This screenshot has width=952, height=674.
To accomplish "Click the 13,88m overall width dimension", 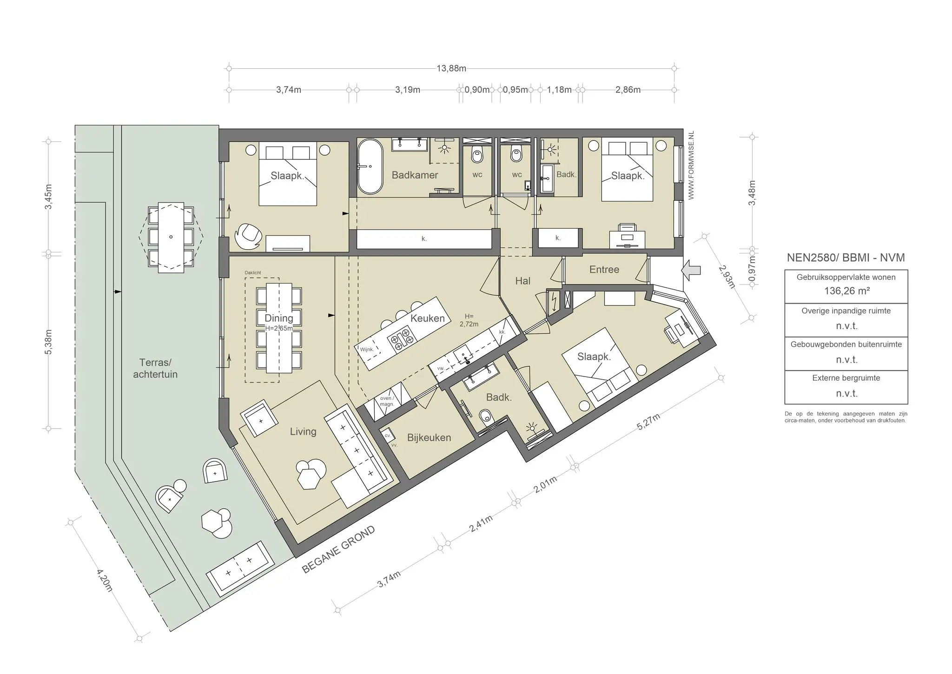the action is coord(451,68).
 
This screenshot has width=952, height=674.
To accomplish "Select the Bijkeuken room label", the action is coord(429,437).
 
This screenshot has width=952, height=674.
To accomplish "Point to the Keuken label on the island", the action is coord(428,318).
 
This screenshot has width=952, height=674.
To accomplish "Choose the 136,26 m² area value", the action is coord(846,291).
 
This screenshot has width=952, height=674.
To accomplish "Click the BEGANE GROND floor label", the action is coord(338,549).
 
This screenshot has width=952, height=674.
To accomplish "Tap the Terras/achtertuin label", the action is coord(155,368).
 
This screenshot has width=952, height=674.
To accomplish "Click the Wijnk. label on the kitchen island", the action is coord(367,349).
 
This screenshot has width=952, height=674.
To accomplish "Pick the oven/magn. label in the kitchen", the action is coord(387,401).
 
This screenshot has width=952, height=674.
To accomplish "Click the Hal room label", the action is coord(523,281).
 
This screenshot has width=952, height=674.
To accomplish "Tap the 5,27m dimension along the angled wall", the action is coord(648,422).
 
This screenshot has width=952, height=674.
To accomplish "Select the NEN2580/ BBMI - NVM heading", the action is coord(846,258).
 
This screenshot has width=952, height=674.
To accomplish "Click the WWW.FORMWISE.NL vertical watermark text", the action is coord(691,165).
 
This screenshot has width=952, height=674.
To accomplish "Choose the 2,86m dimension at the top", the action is coord(628,90).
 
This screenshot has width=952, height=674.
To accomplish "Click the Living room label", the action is coord(303,431).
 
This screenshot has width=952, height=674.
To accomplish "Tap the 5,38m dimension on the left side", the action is coord(49,342).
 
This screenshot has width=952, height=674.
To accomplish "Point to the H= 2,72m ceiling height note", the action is coord(469,320).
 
